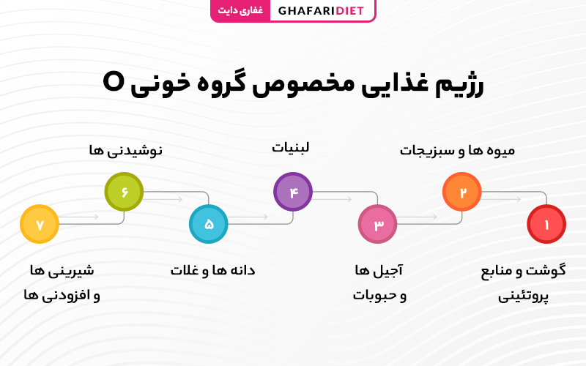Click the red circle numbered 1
click(x=546, y=224)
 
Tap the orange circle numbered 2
click(x=462, y=192)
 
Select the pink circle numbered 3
click(x=377, y=224)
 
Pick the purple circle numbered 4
click(x=293, y=192)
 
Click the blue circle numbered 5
click(x=209, y=224)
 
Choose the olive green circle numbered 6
click(x=124, y=192)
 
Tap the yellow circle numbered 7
click(x=40, y=224)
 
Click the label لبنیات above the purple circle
click(x=290, y=148)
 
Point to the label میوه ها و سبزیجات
click(x=457, y=151)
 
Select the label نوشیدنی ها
click(x=125, y=151)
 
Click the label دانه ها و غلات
click(x=212, y=270)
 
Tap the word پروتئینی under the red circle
click(x=523, y=297)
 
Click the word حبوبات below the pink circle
click(x=375, y=296)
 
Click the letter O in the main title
click(x=113, y=82)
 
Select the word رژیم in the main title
click(x=460, y=85)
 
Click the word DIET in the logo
click(x=349, y=11)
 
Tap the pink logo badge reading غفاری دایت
click(x=240, y=10)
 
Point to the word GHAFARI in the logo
click(x=307, y=11)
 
